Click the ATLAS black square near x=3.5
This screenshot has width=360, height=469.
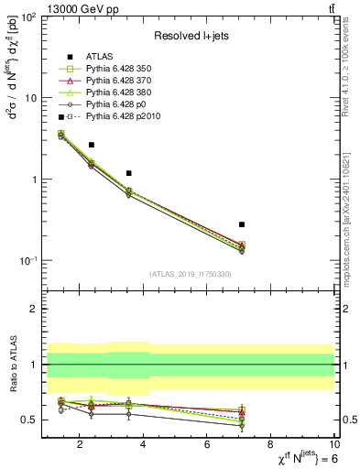(129, 173)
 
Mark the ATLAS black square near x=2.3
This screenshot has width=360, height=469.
(92, 145)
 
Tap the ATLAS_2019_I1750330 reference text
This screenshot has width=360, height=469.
(189, 274)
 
